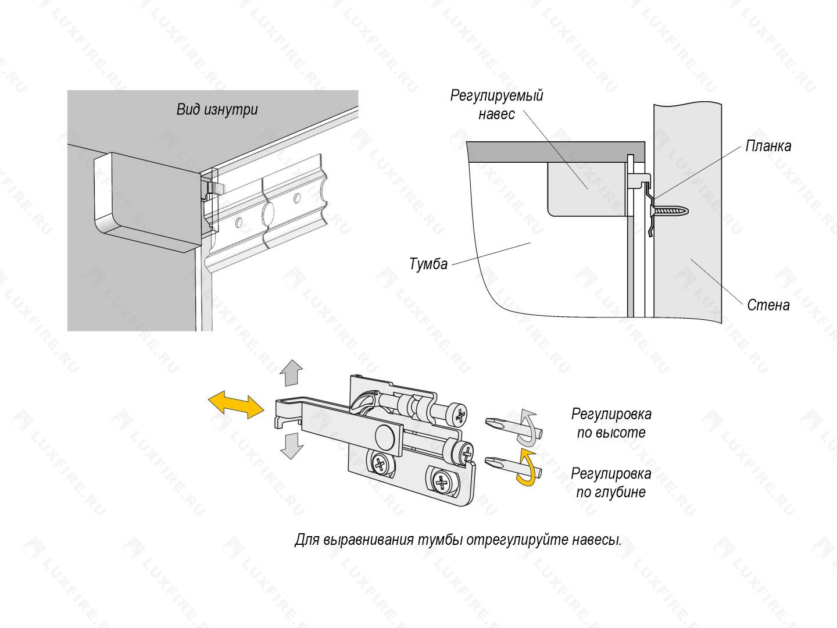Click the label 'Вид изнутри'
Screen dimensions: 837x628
tap(217, 110)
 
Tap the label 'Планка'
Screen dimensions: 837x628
tap(768, 146)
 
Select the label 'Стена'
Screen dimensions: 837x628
tap(768, 305)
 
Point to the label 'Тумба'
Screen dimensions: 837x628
tap(428, 264)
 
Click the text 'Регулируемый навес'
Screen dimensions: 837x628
tap(496, 105)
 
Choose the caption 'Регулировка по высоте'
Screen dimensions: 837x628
tap(611, 423)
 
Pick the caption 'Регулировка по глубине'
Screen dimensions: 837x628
tap(611, 483)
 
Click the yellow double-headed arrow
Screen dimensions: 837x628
tap(236, 404)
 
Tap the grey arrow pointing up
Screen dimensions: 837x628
tap(291, 373)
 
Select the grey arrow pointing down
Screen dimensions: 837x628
tap(292, 446)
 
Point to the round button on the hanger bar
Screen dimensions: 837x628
tap(385, 437)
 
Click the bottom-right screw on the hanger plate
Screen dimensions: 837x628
tap(442, 483)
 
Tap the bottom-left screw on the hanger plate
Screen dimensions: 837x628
tap(380, 465)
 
